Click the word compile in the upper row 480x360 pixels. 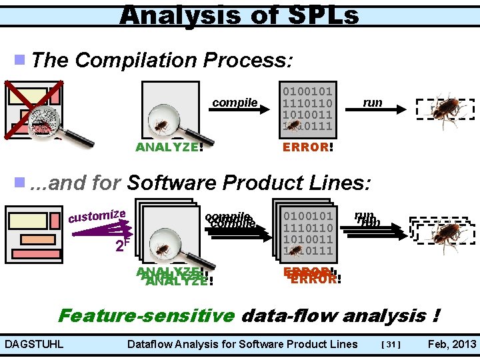coord(235,103)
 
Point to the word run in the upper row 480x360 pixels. coord(372,103)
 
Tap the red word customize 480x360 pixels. coord(97,215)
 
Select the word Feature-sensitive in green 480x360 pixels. coord(147,315)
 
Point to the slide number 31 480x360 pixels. coord(391,345)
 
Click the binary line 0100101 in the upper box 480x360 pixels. coord(308,90)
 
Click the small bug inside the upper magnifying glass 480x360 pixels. coord(161,125)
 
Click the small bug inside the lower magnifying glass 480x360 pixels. coord(163,250)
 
